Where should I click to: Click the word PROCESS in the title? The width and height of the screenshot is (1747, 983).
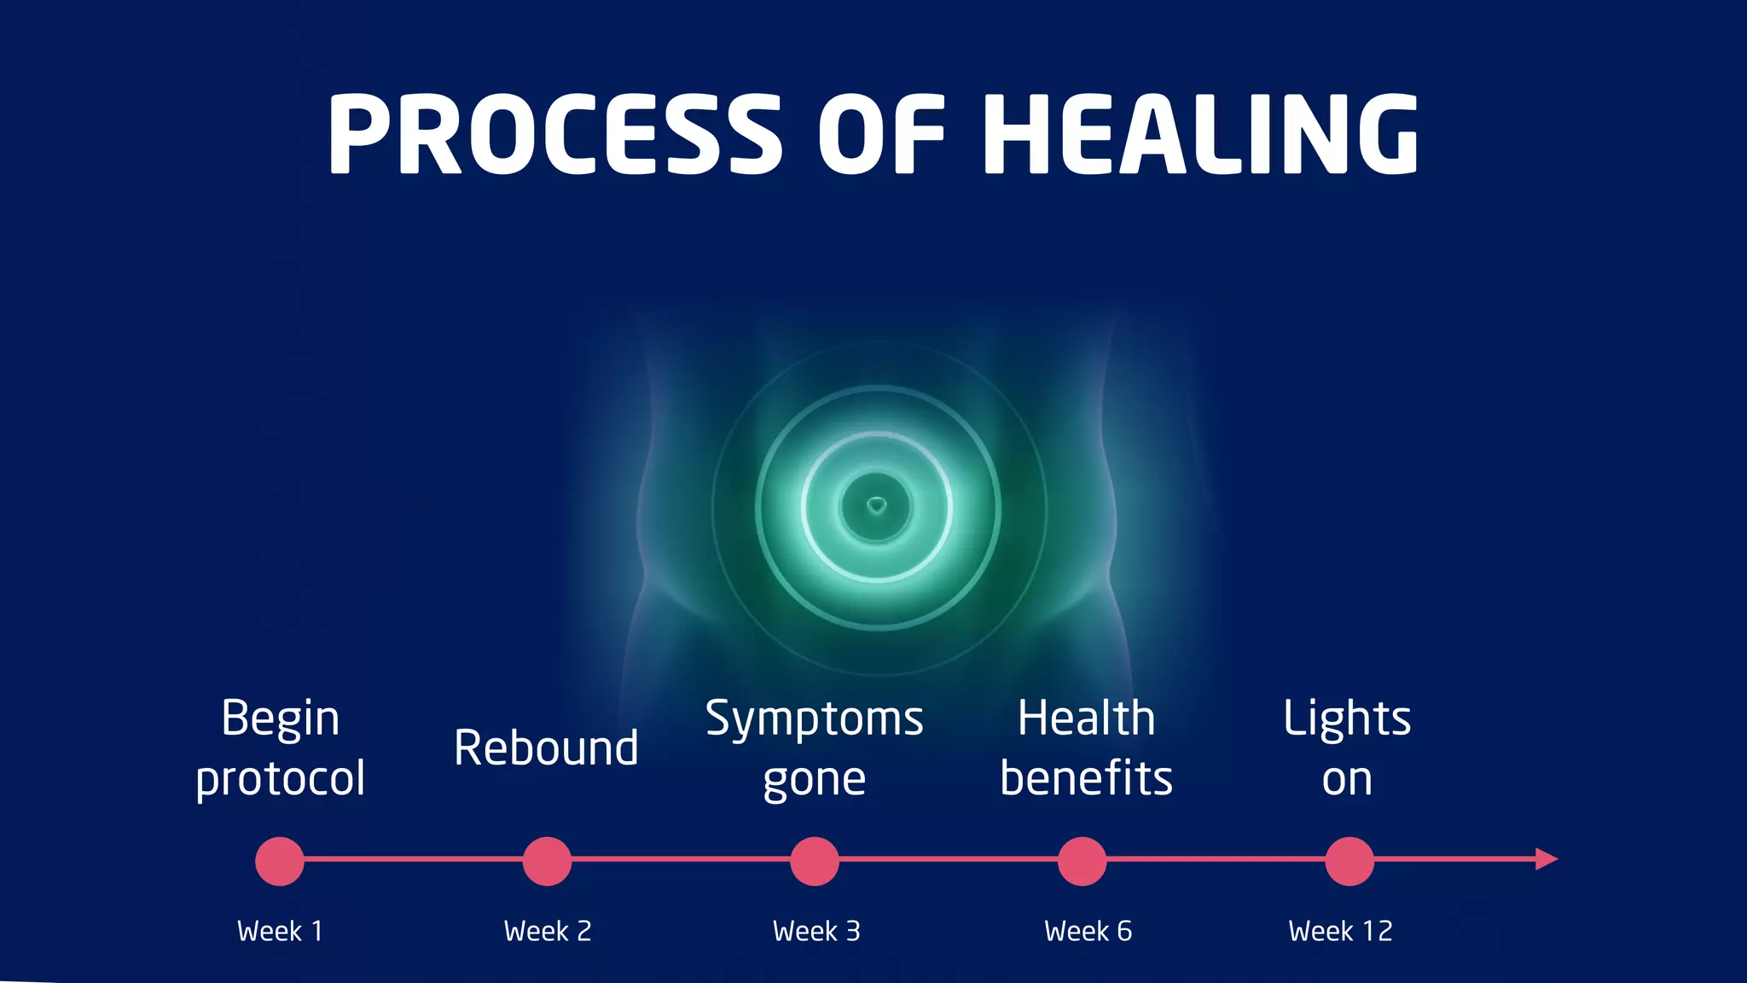point(554,135)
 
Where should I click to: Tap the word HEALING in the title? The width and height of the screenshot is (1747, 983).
point(1201,135)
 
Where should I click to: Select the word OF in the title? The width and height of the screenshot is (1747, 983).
point(881,135)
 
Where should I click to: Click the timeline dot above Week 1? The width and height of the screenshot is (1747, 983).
point(280,861)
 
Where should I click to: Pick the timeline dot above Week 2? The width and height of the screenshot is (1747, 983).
point(547,861)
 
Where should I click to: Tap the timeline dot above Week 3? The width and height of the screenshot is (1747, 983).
point(815,861)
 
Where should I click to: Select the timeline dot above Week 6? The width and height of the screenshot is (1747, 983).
point(1082,861)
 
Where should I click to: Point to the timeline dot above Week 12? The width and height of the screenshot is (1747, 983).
point(1349,861)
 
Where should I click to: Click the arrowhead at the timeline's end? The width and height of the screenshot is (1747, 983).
point(1546,859)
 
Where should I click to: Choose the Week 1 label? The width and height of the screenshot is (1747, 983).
point(280,931)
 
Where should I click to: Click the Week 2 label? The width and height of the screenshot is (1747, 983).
point(548,931)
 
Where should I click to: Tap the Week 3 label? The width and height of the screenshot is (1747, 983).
point(816,931)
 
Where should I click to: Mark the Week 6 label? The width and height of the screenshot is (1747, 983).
point(1088,931)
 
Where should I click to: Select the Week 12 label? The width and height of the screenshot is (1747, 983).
point(1340,931)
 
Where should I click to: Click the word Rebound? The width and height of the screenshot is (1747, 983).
point(546,748)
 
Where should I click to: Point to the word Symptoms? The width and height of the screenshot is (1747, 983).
point(814,718)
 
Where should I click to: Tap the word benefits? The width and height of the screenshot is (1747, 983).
point(1086,778)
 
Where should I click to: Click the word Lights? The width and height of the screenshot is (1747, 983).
point(1347,718)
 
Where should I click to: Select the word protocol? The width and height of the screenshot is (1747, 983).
point(280,780)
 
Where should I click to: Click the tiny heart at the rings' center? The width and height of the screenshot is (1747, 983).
point(876,506)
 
